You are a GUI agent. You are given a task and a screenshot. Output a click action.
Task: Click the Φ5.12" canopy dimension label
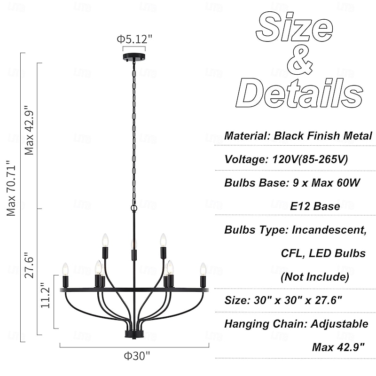point(134,39)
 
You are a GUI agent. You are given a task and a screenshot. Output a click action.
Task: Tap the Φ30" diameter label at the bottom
point(137,356)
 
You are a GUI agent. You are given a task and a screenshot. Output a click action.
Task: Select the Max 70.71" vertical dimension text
point(11,188)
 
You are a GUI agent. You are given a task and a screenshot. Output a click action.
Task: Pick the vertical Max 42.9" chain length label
point(29,131)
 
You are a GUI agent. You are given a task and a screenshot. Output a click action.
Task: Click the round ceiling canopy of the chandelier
point(134,57)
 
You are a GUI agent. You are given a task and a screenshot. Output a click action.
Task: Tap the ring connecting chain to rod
point(134,207)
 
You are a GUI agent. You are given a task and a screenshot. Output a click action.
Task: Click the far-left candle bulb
point(65,269)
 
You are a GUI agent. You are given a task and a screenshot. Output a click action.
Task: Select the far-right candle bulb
point(203,269)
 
